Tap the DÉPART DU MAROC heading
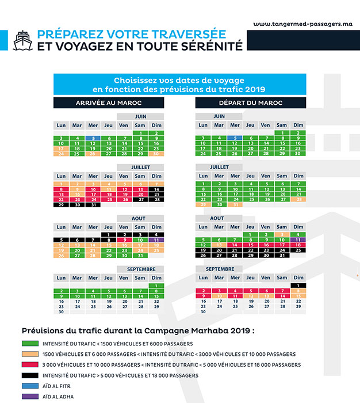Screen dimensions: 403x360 (x=251, y=103)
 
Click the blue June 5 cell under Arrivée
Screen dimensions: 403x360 (x=93, y=139)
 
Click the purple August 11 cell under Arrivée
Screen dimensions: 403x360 (x=156, y=239)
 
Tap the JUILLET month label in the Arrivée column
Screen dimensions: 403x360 (x=140, y=167)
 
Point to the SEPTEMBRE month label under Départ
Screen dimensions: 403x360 (x=219, y=269)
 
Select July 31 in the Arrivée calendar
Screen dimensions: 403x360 (x=93, y=204)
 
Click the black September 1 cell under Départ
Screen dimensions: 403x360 (x=298, y=286)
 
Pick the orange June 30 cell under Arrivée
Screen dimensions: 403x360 (x=156, y=154)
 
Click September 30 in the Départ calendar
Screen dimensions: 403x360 (x=203, y=311)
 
